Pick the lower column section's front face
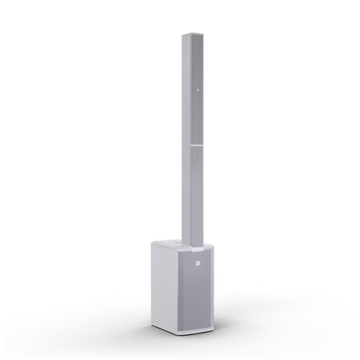click(196, 196)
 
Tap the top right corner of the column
click(204, 34)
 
